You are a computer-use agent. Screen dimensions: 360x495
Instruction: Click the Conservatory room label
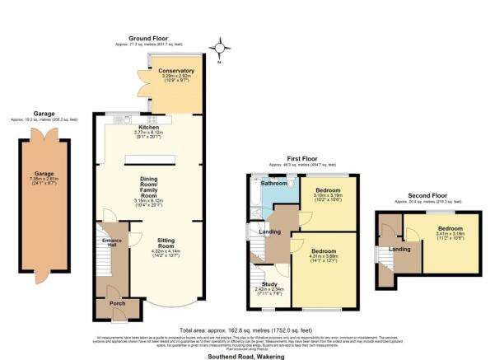[x=177, y=71]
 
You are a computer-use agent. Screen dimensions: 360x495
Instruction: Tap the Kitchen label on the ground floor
[x=148, y=128]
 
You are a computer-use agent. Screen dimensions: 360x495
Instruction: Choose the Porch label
[x=110, y=304]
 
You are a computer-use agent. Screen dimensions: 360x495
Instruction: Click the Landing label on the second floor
[x=400, y=249]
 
